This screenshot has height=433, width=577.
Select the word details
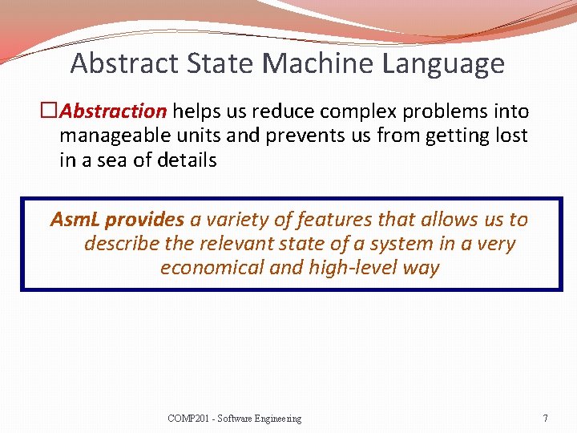[x=185, y=160]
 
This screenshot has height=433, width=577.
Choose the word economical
[x=211, y=267]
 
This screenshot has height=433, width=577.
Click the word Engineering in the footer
[x=276, y=419]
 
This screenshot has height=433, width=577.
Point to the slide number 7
[x=545, y=418]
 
